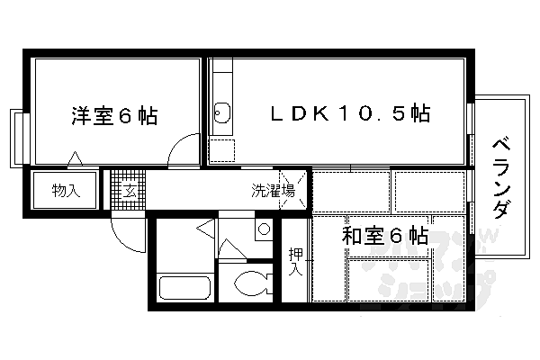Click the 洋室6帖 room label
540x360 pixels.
pos(114,115)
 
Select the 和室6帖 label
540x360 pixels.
pos(384,236)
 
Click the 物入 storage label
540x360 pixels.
pos(66,190)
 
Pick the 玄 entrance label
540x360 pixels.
pos(129,190)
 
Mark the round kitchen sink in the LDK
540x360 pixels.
pos(221,113)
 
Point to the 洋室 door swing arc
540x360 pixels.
pos(186,149)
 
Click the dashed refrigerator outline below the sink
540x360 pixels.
pos(221,151)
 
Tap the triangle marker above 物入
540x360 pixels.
pos(76,159)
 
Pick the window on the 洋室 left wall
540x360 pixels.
pos(16,137)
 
